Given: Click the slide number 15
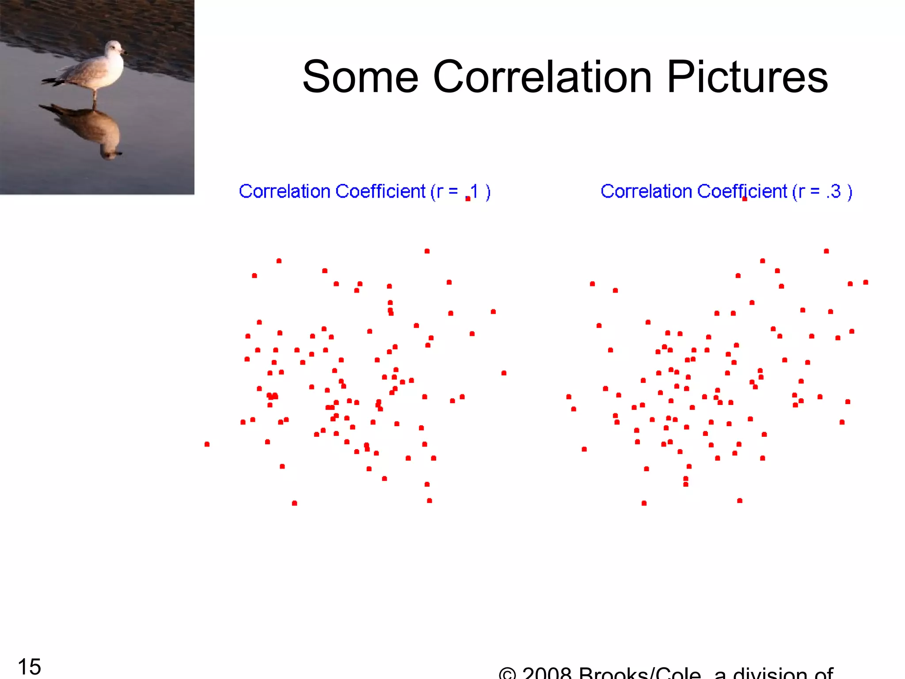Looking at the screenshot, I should pyautogui.click(x=29, y=666).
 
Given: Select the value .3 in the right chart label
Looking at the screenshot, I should pyautogui.click(x=833, y=191).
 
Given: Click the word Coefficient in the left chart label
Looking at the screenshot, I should pyautogui.click(x=380, y=191).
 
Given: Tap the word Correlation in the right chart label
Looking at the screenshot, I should pyautogui.click(x=646, y=191).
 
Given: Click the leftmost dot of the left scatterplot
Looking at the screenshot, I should pyautogui.click(x=207, y=444).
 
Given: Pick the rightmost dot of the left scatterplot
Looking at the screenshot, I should pyautogui.click(x=504, y=373).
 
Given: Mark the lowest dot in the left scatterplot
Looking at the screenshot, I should pyautogui.click(x=295, y=503).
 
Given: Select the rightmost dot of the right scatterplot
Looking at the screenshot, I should pyautogui.click(x=866, y=282).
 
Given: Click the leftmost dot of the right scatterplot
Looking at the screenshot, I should pyautogui.click(x=569, y=397).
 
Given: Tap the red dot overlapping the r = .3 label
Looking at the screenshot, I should pyautogui.click(x=745, y=199).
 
